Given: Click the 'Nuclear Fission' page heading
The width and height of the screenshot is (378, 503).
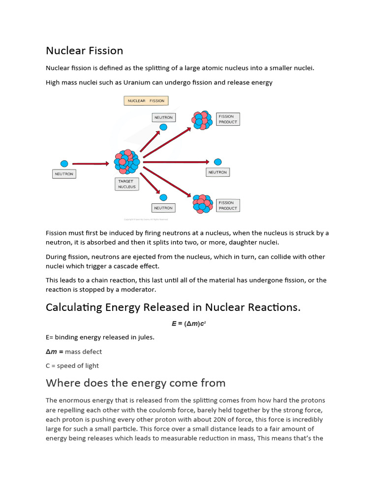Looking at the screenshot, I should [84, 51].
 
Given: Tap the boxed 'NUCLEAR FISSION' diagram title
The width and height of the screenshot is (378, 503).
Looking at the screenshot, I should [146, 101].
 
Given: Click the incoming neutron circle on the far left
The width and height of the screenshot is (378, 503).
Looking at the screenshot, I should [64, 164].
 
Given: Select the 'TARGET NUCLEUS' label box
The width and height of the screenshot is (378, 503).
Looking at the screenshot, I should [126, 184].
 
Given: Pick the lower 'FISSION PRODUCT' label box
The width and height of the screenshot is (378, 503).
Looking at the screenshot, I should [227, 205].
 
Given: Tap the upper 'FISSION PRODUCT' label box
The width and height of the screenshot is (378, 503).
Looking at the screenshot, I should [228, 119].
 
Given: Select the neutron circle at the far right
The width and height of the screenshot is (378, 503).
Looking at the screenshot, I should [218, 162].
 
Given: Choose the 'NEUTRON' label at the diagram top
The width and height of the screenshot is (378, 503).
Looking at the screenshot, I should [163, 118].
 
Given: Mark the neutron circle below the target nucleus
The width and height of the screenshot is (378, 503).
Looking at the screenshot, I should [163, 197].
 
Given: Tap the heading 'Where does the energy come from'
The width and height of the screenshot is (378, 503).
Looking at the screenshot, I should [135, 383].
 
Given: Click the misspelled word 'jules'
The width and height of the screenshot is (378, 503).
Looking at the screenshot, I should [145, 337].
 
